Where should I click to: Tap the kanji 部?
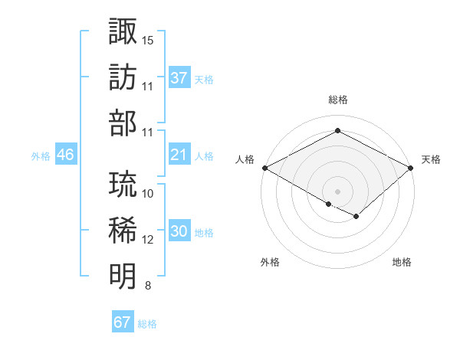point(123,123)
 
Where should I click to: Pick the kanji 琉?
point(123,184)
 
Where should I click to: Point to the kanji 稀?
point(123,230)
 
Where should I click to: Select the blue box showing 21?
point(179,155)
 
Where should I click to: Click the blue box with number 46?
point(66,155)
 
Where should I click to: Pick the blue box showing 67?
point(122,322)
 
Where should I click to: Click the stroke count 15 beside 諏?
point(148,39)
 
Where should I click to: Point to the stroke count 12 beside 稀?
point(148,239)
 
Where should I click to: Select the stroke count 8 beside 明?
point(148,286)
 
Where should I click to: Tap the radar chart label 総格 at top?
point(338,100)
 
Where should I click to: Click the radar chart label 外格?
point(270,263)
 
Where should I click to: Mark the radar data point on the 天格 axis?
point(412,168)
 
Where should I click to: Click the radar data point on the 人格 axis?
point(264,168)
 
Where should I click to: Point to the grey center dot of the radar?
point(338,191)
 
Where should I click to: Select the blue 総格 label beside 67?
point(147,324)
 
